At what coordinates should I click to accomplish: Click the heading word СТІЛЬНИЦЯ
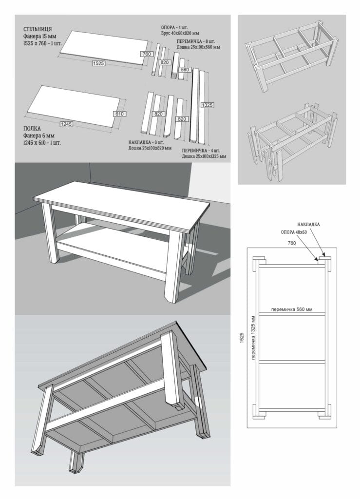38,29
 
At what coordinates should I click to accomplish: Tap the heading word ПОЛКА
32,129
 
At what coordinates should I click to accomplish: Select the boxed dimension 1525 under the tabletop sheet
98,63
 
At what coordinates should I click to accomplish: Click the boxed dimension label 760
147,54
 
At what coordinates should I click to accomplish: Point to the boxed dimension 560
185,69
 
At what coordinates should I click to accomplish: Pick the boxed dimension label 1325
207,105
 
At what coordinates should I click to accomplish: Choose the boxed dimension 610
119,114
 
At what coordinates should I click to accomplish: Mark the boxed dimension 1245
66,124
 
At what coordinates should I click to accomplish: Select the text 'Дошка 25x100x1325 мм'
204,156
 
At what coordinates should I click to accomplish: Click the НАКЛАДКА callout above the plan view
308,224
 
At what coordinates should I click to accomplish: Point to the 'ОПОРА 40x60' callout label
294,232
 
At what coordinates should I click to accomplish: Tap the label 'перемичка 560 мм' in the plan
292,309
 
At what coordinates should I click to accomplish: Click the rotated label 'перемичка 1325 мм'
253,338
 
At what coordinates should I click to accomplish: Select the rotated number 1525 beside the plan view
242,337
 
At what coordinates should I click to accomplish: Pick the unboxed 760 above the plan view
292,243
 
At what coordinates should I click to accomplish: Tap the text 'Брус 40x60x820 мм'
180,33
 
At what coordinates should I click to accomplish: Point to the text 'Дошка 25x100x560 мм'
198,47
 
